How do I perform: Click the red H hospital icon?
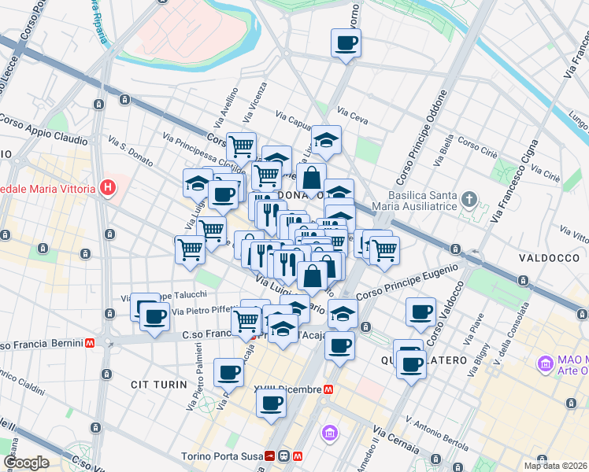click(109, 188)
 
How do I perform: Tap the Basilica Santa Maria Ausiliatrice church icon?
click(470, 197)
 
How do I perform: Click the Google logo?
click(26, 463)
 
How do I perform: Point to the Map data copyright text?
click(554, 466)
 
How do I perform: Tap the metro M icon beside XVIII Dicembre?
click(327, 389)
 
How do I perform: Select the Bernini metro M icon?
click(91, 344)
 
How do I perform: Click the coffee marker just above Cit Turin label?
click(228, 371)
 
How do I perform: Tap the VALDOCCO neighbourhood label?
click(543, 258)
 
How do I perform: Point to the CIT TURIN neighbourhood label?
click(160, 385)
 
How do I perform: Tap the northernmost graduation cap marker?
click(326, 140)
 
